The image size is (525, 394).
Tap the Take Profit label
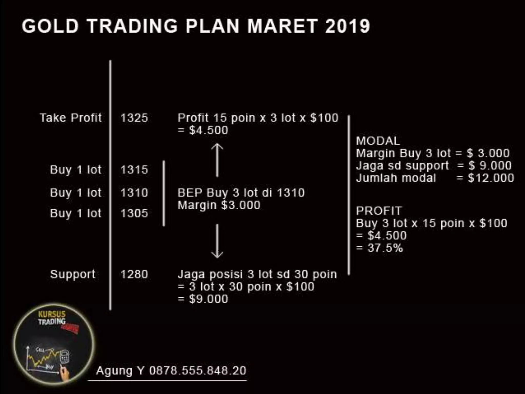coord(71,118)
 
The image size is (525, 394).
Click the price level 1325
coord(134,118)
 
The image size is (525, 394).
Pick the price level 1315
coord(134,170)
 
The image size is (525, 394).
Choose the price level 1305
coord(134,213)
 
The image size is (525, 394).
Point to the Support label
coord(73,274)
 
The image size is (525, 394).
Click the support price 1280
coord(134,274)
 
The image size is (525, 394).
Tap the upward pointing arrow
coord(217,160)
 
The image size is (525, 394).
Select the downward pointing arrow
coord(217,241)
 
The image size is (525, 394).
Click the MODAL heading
coord(378,141)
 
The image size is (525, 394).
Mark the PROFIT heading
coord(379,211)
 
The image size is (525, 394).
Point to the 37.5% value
coord(385,248)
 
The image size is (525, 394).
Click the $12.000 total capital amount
coord(491,178)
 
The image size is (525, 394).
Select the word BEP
coord(190,193)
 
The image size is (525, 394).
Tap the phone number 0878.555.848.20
coord(198,370)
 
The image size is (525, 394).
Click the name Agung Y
coord(120,370)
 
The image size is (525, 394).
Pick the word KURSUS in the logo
coord(52,314)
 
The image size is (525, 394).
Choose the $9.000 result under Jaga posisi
coord(208,299)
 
